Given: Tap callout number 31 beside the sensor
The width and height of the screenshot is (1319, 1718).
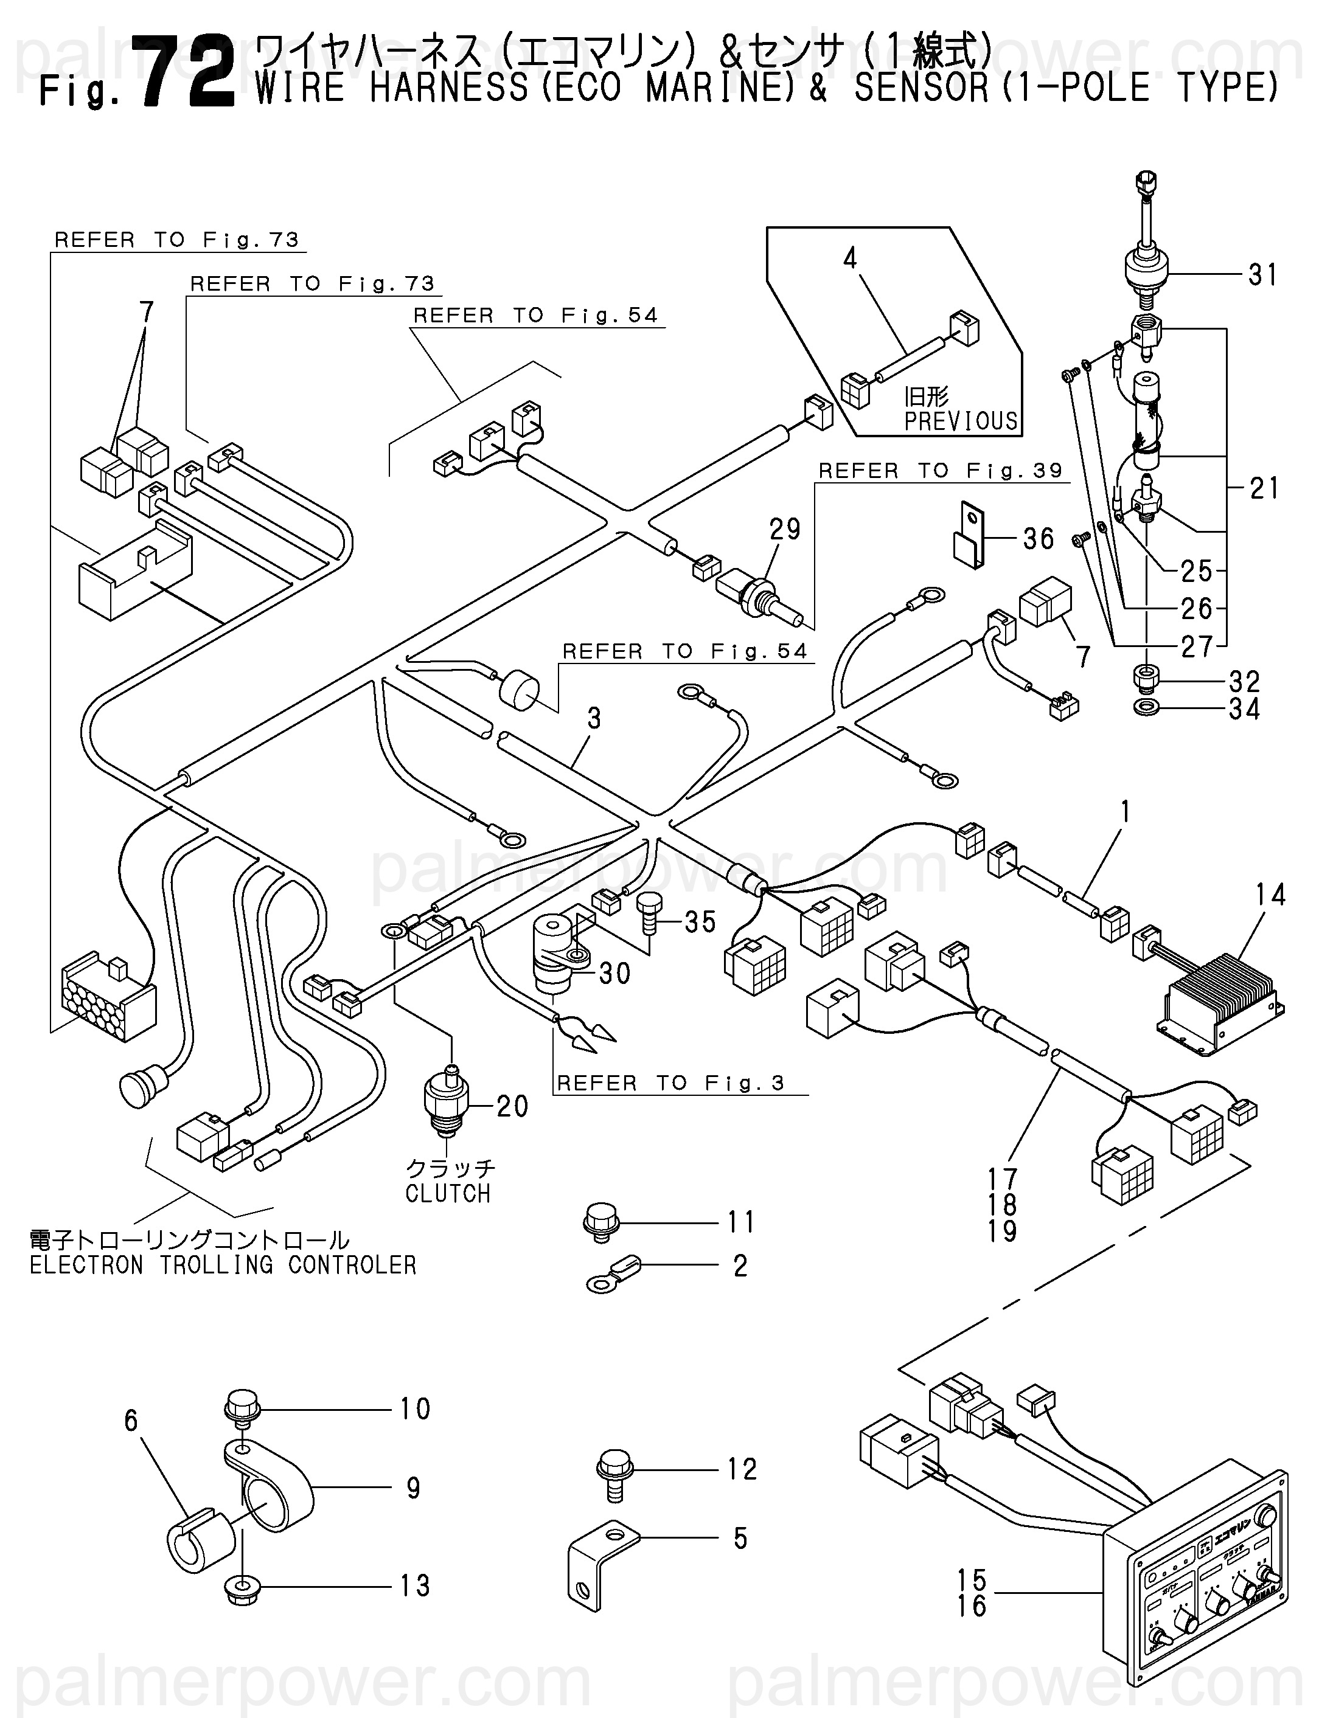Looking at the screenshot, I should point(1262,275).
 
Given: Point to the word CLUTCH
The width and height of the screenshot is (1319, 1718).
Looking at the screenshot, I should point(448,1193).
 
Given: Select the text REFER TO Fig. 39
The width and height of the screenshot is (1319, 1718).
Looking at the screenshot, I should point(940,471).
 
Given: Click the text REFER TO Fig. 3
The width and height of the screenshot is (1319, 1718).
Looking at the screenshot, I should point(670,1084).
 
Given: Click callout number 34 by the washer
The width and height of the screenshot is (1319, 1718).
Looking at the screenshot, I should point(1244,710).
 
